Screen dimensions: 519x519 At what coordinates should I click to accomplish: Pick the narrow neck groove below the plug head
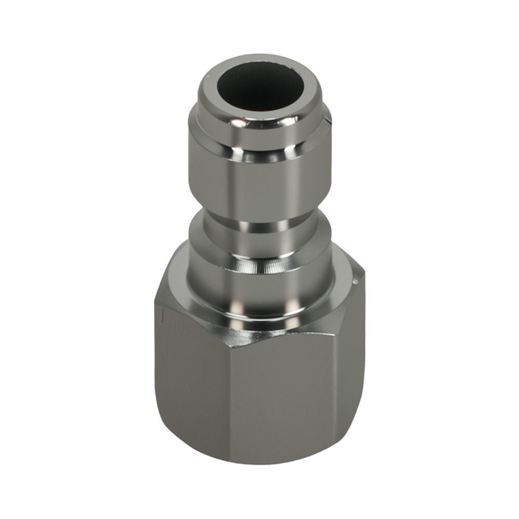pyautogui.click(x=259, y=227)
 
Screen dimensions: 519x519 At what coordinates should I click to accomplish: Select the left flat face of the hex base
pyautogui.click(x=192, y=374)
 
